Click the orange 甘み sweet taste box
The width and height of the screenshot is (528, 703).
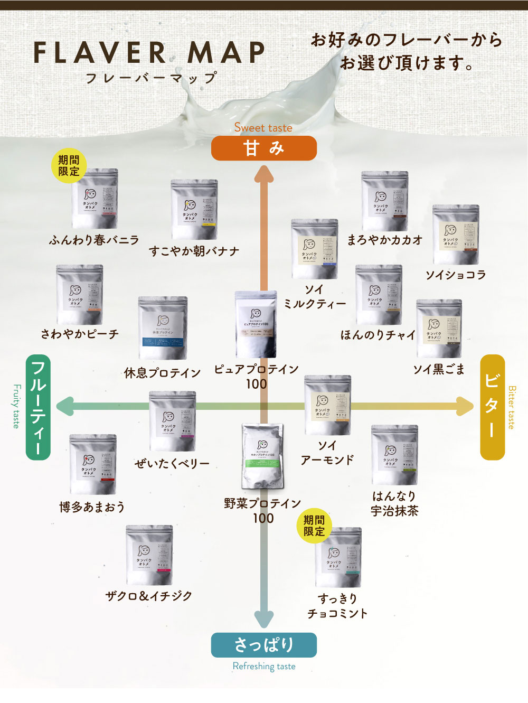point(263,148)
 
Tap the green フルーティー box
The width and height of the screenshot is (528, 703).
point(38,407)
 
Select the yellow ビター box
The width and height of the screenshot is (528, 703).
point(492,407)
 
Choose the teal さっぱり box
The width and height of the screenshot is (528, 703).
point(263,645)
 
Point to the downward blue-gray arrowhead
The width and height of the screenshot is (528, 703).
point(263,618)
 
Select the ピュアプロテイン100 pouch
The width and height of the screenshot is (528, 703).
point(256,324)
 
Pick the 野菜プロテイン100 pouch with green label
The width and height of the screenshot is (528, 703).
point(262,456)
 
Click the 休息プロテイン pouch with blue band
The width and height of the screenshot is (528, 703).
point(163,328)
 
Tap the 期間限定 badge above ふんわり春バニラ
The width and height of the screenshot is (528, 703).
point(69,166)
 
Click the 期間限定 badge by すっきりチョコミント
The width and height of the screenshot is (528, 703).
point(314,526)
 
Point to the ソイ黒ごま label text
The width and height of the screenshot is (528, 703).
point(439,369)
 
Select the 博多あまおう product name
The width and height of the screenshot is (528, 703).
point(92,508)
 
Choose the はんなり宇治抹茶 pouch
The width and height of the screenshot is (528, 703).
point(394,455)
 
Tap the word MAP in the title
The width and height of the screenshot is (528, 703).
point(227,53)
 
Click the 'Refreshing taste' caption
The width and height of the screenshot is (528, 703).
point(264,667)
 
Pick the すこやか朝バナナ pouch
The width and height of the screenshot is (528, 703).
point(194,210)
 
